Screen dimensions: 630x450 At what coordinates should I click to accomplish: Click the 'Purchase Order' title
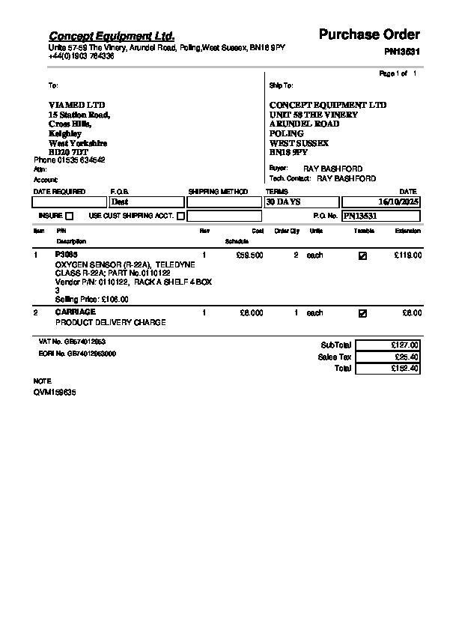click(x=369, y=34)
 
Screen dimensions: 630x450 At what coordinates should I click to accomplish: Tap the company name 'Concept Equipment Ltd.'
click(x=112, y=36)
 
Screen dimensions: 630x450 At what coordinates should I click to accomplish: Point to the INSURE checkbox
click(x=70, y=216)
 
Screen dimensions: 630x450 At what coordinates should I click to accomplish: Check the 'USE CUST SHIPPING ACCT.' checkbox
click(x=180, y=216)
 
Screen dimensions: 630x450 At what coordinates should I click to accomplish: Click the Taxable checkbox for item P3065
click(x=363, y=255)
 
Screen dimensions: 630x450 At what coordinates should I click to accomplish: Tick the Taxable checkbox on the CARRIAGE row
click(x=363, y=313)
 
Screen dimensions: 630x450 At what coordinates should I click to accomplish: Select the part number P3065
click(x=66, y=255)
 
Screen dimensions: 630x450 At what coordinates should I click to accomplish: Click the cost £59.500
click(x=249, y=255)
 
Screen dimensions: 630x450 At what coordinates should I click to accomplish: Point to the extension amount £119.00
click(x=408, y=255)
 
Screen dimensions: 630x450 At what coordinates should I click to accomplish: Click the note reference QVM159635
click(x=55, y=393)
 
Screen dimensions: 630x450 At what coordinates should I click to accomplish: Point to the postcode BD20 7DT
click(x=68, y=152)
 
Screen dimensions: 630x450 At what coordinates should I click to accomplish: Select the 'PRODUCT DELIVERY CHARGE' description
click(x=111, y=323)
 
